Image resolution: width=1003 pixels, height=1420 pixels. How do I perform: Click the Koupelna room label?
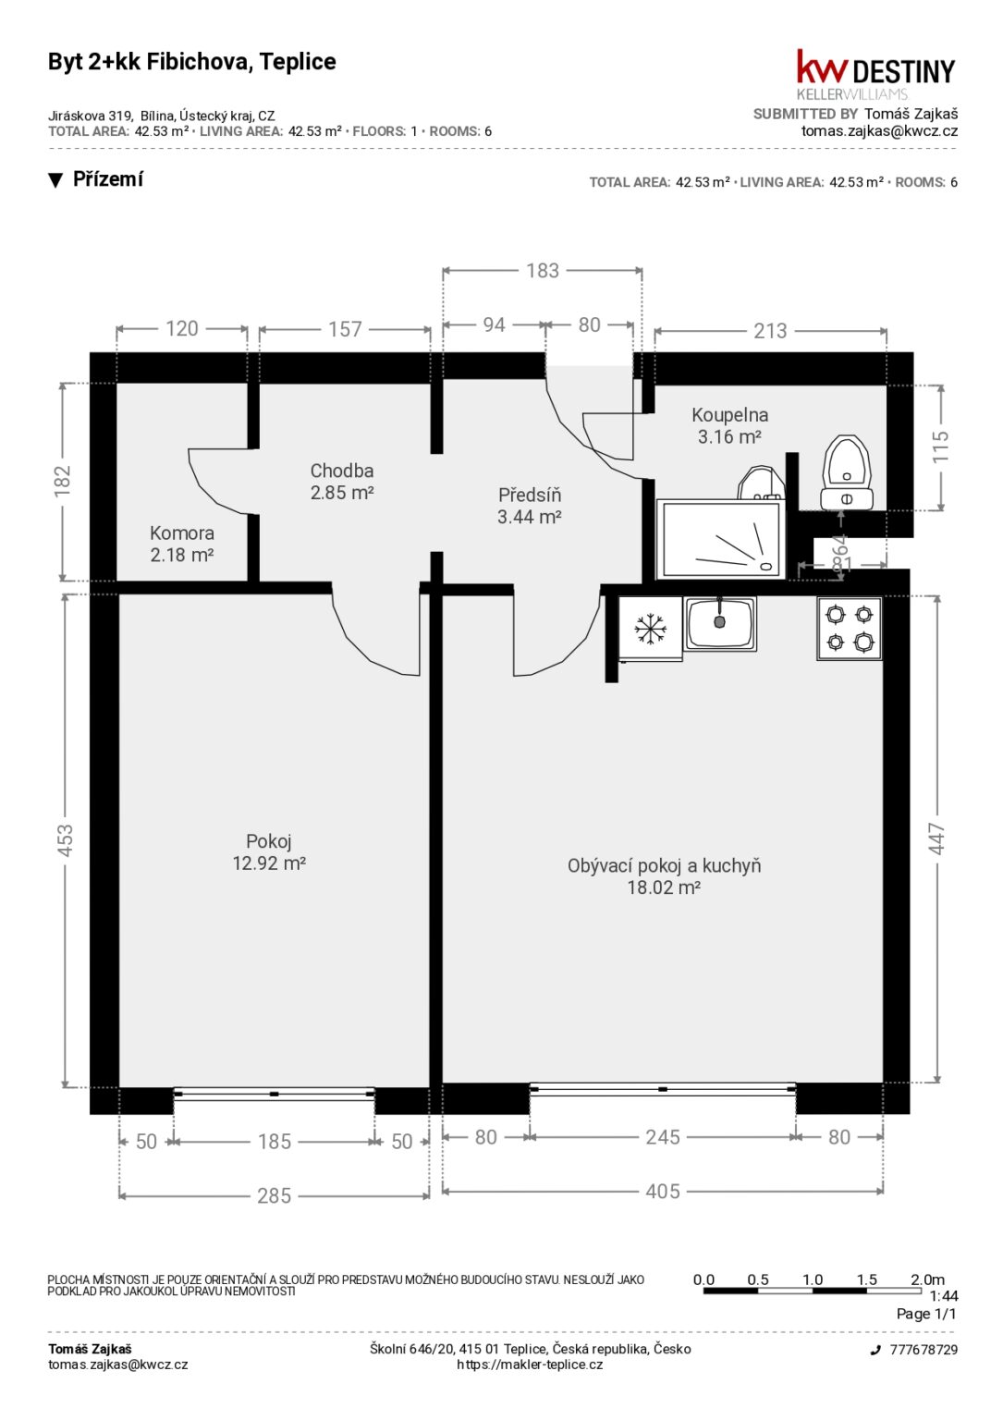729,415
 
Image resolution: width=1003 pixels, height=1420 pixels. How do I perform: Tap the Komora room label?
182,533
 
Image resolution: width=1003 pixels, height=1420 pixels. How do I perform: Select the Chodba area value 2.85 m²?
342,493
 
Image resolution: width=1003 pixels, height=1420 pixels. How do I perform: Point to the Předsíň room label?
530,495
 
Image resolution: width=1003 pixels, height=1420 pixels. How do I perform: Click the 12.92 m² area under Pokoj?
269,863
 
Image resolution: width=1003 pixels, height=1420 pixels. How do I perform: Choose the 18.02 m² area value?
664,887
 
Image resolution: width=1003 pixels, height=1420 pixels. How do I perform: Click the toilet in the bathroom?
847,472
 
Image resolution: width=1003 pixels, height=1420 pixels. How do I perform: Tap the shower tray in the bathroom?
721,539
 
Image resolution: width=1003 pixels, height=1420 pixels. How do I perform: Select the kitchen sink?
719,624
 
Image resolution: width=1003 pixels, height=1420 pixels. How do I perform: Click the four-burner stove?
850,629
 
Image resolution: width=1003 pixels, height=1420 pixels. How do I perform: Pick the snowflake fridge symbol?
649,629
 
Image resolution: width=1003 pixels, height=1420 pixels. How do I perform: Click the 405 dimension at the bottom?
663,1192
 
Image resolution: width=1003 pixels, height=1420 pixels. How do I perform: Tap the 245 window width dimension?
663,1137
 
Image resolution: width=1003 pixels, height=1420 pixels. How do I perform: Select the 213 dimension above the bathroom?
770,331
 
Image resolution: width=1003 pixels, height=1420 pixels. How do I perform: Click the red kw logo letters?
822,67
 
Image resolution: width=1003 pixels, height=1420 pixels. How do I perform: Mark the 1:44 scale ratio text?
944,1296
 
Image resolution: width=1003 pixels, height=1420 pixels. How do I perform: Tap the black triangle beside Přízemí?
55,180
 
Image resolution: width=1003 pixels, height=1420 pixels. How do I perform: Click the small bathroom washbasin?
762,484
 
